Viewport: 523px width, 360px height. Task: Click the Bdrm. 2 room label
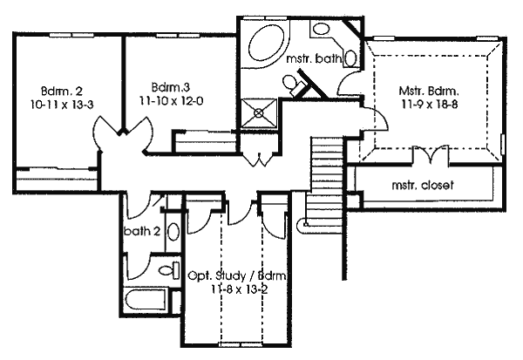(x=62, y=91)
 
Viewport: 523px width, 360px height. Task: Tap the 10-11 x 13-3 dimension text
(x=62, y=105)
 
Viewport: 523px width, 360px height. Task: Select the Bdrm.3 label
(x=171, y=87)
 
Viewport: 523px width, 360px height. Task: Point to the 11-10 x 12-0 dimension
(x=171, y=101)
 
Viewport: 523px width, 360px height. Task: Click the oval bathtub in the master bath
(x=268, y=44)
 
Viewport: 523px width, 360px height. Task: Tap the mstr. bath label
(x=314, y=58)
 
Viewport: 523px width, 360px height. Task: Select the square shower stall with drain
(x=259, y=112)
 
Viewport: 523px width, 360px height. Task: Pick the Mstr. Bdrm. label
(x=429, y=91)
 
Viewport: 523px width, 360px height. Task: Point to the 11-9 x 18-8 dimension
(x=429, y=105)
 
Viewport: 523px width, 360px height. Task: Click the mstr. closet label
(x=423, y=185)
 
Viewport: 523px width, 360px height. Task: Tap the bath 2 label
(x=142, y=231)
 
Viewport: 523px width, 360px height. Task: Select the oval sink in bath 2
(x=173, y=232)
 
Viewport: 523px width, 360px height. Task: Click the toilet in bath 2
(x=169, y=269)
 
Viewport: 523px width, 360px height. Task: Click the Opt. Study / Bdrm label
(x=237, y=276)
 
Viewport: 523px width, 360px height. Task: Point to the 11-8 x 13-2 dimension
(x=239, y=289)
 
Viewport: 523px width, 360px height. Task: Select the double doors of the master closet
(x=431, y=154)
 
